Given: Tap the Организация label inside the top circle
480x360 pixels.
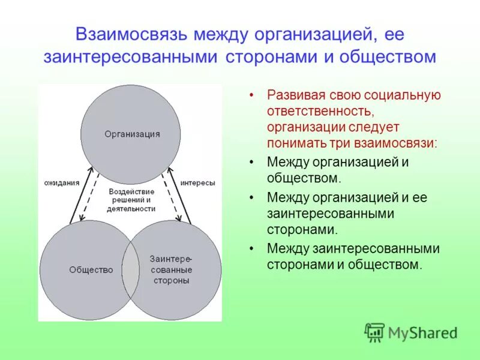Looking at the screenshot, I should [132, 134].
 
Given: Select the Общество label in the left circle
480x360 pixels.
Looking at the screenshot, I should [91, 270].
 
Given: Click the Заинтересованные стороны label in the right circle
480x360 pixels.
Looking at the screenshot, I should [171, 270].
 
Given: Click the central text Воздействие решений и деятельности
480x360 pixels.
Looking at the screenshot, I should [132, 199].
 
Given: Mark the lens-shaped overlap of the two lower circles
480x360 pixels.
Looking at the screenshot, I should [131, 270].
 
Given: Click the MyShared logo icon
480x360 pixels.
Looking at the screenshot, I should [375, 332].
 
